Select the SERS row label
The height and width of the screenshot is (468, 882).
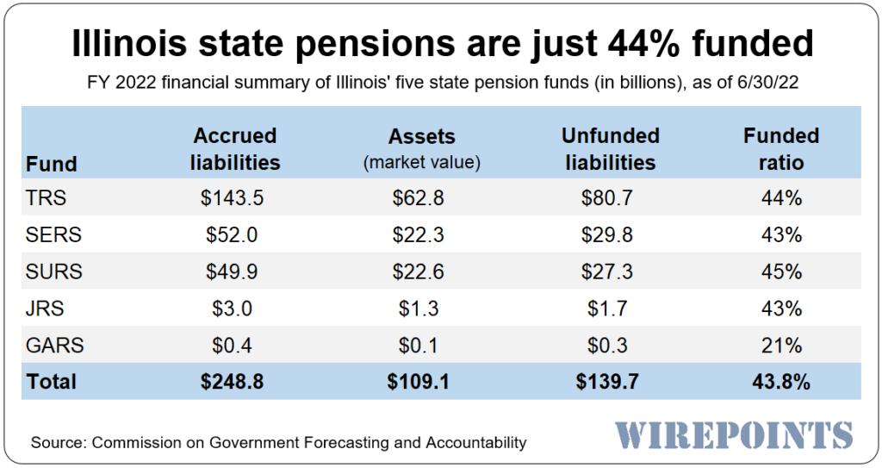(53, 234)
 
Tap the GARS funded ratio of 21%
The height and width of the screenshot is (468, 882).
(781, 346)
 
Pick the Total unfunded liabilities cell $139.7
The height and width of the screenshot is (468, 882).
(608, 382)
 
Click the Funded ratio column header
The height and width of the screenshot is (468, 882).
(781, 148)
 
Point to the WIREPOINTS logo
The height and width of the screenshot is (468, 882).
(734, 434)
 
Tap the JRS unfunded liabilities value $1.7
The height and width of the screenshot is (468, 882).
(608, 309)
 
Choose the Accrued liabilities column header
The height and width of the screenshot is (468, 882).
(234, 148)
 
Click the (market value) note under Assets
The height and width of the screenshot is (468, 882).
(421, 162)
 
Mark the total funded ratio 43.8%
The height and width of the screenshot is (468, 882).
(781, 382)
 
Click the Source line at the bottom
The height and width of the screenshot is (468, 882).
(278, 443)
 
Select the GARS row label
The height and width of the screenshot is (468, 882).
(55, 346)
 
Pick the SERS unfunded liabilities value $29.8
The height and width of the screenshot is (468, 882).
(608, 234)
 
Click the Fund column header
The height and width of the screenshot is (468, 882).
(52, 163)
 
